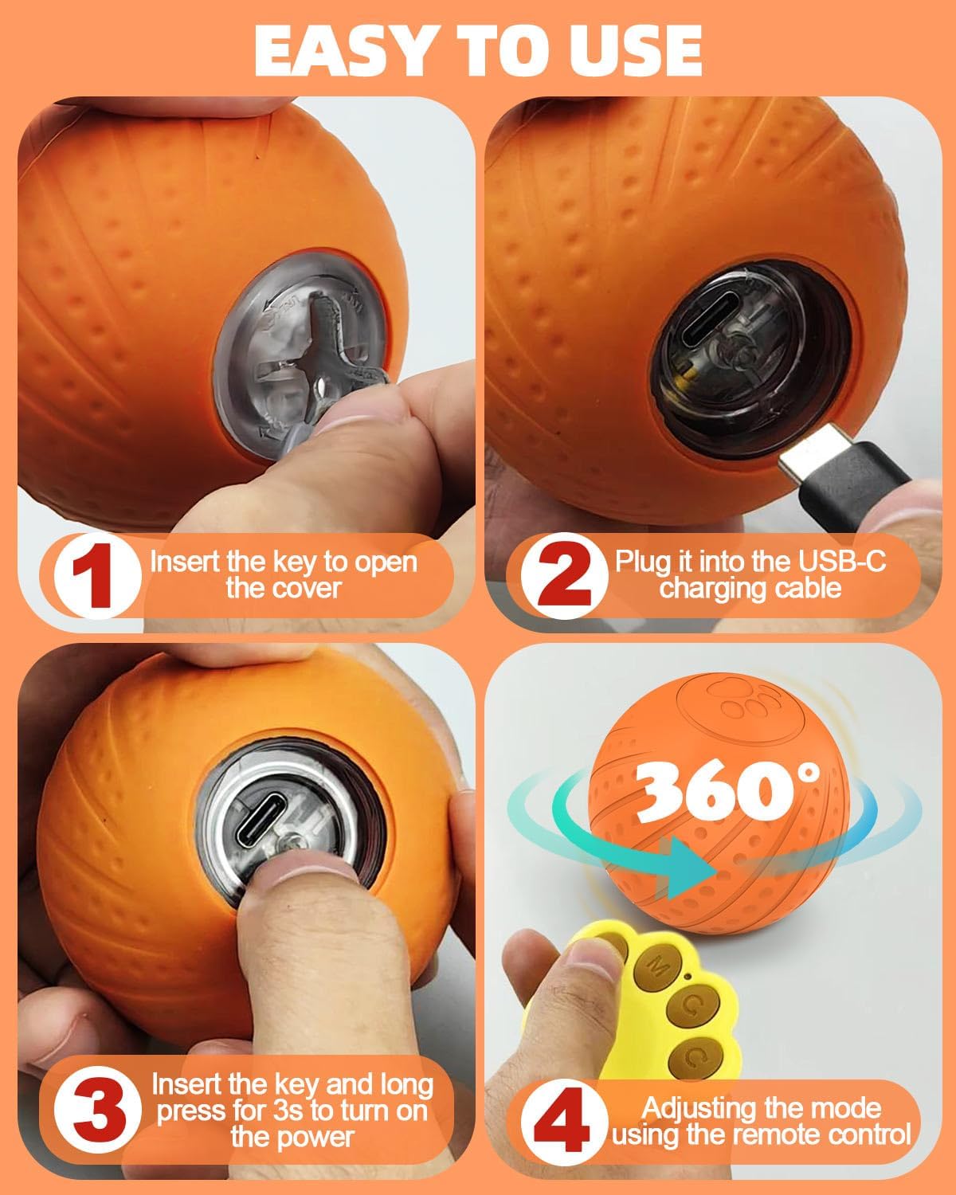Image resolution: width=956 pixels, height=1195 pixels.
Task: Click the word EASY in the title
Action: [343, 50]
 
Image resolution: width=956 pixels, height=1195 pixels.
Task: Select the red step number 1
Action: [93, 575]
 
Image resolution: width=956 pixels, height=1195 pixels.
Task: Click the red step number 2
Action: [564, 575]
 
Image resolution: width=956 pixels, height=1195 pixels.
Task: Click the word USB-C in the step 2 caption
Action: [842, 562]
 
